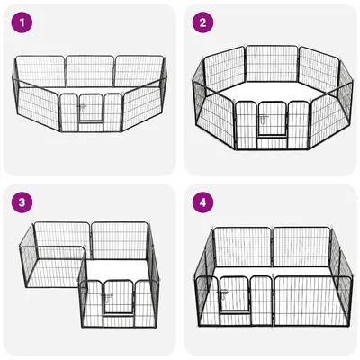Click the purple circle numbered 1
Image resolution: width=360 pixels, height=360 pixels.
[x=22, y=22]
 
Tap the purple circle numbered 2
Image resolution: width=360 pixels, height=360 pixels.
[x=202, y=22]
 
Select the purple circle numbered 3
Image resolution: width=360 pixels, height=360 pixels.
[x=22, y=202]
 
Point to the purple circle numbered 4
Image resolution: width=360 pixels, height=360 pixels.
[x=202, y=202]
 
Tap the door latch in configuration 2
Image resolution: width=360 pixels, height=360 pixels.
[x=264, y=119]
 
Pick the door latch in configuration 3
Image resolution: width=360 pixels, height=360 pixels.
[x=108, y=296]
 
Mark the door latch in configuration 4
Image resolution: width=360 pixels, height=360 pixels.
[x=224, y=293]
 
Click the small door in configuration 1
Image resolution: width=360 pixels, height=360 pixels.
[x=91, y=108]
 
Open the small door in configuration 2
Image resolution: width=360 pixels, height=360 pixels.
[x=272, y=120]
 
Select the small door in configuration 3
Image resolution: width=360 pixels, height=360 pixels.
[x=118, y=298]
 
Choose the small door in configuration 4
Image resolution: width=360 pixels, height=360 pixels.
[x=235, y=294]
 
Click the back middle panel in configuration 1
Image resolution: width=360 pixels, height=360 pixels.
[x=90, y=71]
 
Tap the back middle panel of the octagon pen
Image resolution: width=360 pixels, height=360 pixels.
[x=272, y=64]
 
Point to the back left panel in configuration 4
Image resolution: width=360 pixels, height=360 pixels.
[x=243, y=247]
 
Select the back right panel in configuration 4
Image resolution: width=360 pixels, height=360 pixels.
[x=302, y=247]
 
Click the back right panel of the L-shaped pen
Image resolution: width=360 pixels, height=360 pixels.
[x=120, y=240]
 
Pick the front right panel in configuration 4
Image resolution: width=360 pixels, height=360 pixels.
[x=312, y=301]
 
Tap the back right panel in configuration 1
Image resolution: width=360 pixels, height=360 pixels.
[x=140, y=71]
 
